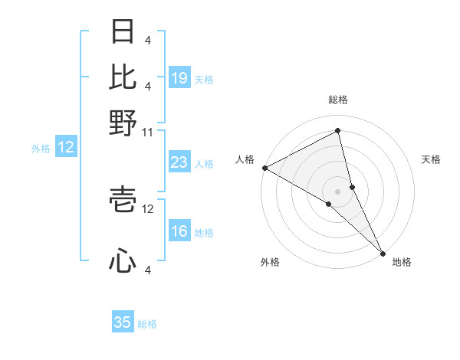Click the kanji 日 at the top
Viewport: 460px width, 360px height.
(123, 31)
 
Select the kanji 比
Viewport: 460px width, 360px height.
(123, 77)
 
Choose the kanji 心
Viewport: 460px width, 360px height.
(123, 260)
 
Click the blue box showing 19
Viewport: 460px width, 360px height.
(179, 78)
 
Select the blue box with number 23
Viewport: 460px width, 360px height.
(179, 162)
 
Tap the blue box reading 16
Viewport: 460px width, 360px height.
(179, 231)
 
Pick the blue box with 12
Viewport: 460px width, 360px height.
(66, 147)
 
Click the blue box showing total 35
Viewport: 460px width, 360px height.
(123, 322)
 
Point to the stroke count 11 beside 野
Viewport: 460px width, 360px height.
(148, 132)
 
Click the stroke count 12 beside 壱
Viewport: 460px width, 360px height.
(148, 208)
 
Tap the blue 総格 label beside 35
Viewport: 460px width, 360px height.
(147, 324)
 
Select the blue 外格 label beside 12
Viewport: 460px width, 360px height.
(41, 149)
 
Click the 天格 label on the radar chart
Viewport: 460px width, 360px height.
(431, 159)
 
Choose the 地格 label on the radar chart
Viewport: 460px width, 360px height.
(402, 262)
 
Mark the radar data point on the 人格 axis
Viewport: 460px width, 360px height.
(264, 168)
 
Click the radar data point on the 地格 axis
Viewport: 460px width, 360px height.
(383, 252)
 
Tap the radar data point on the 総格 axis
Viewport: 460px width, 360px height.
(337, 130)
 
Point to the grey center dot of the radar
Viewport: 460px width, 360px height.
(337, 190)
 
